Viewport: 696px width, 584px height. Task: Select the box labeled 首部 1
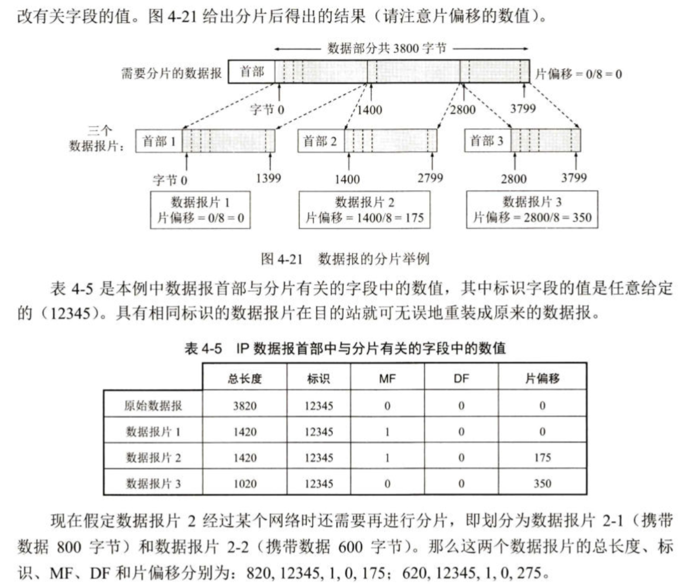coord(158,141)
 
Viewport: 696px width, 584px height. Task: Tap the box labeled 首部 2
coord(321,141)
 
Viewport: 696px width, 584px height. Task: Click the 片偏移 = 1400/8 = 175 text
coord(364,218)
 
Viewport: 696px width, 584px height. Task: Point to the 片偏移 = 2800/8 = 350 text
coord(532,218)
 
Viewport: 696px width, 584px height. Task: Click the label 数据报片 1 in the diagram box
coord(200,203)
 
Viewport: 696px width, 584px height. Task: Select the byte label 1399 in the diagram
coord(269,177)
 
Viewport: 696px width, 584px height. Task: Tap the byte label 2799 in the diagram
coord(430,177)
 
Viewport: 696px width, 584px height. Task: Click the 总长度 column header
coord(245,378)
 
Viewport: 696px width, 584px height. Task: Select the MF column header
coord(387,378)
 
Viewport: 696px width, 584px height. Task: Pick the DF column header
coord(461,378)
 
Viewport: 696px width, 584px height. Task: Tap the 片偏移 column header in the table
coord(542,378)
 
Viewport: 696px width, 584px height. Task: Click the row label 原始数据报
coord(153,405)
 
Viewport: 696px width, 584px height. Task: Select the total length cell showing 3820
coord(245,405)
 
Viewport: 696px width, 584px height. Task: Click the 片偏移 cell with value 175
coord(542,457)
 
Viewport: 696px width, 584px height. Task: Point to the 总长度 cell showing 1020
coord(245,484)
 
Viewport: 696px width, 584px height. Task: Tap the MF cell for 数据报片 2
coord(387,457)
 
